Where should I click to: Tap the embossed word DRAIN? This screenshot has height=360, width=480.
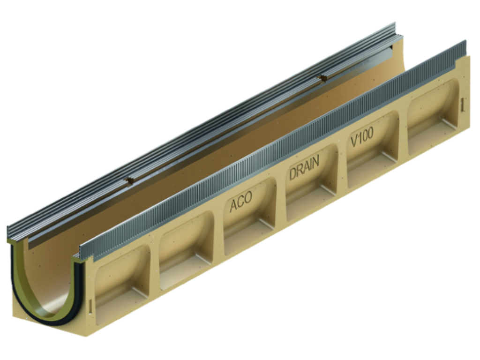(304, 168)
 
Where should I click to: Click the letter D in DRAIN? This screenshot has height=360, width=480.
(293, 174)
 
